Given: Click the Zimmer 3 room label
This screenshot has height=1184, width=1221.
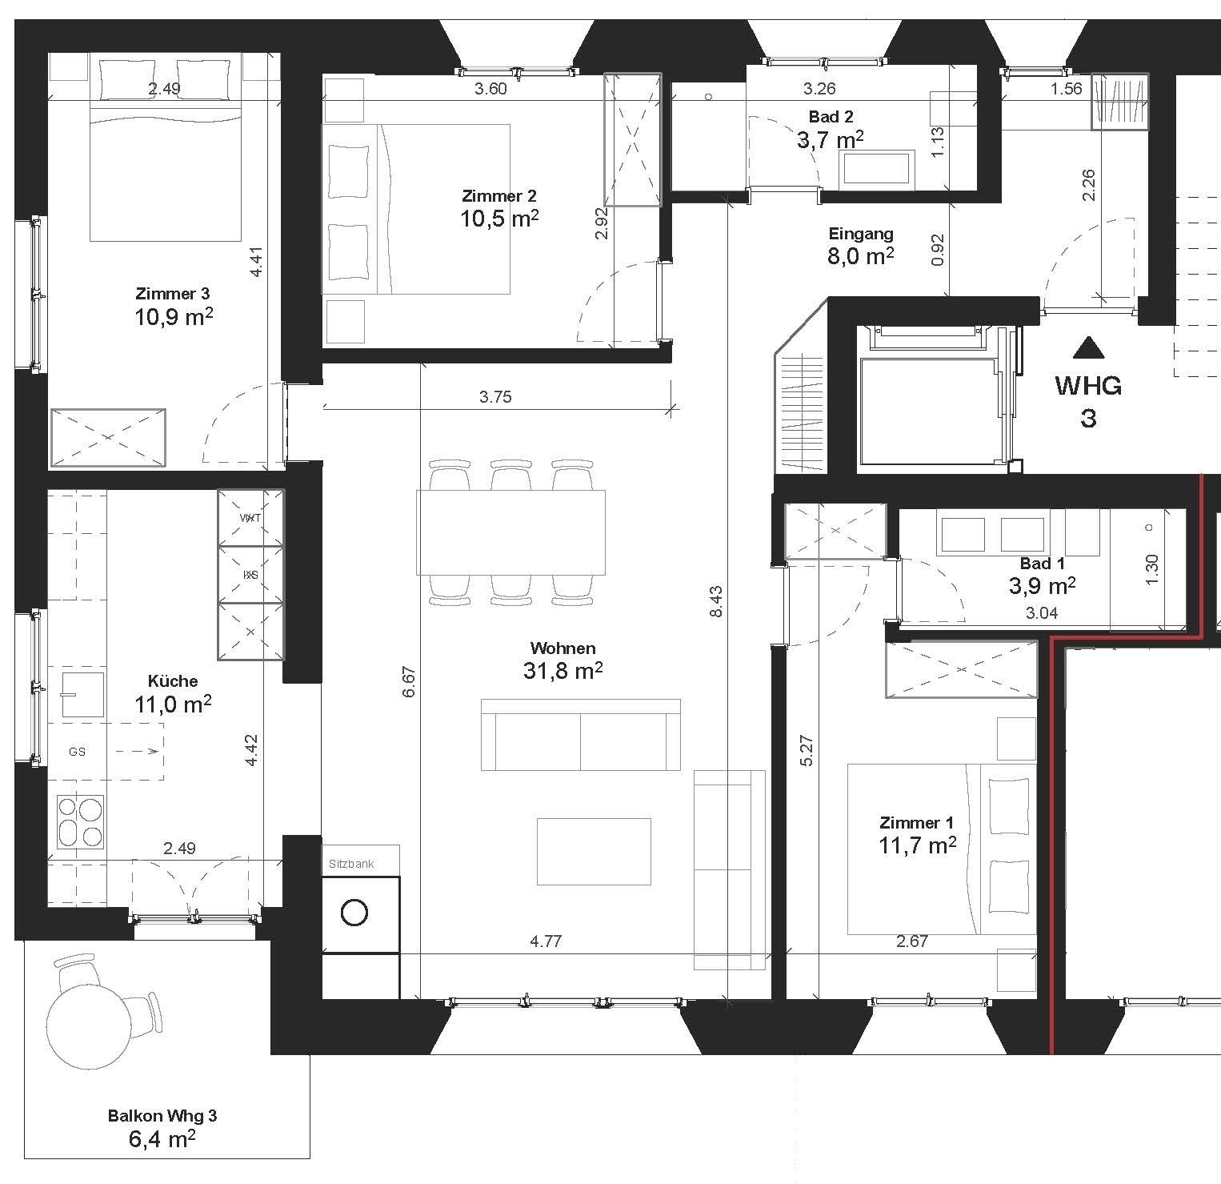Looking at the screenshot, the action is click(174, 294).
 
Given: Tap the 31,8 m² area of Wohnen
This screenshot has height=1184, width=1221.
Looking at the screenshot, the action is click(562, 670).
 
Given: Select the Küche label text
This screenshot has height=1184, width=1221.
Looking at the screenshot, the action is click(173, 681).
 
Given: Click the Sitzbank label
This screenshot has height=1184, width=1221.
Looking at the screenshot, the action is click(351, 864).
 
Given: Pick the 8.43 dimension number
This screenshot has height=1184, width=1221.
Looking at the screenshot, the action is click(716, 601).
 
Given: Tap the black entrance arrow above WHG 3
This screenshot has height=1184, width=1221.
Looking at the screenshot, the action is click(1087, 347).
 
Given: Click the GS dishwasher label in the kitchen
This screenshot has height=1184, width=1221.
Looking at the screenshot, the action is click(77, 752).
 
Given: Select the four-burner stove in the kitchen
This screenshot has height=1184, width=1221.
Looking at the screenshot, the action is click(81, 823).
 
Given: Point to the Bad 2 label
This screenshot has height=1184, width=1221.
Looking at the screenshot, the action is click(831, 117).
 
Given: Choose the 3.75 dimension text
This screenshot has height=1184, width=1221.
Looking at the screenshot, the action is click(495, 396).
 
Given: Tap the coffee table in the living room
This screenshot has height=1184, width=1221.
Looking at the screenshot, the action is click(594, 851).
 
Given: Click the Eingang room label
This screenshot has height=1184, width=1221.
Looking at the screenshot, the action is click(861, 234).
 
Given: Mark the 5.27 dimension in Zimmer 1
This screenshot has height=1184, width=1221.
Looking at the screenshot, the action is click(807, 750).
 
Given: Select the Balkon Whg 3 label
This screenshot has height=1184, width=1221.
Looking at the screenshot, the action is click(162, 1115).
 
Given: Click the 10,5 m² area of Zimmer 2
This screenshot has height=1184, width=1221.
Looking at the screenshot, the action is click(499, 218).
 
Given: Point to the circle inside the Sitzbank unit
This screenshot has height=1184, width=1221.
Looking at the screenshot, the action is click(354, 913).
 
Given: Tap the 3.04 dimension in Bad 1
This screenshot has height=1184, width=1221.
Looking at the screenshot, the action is click(1041, 613).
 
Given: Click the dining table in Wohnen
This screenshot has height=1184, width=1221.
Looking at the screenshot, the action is click(510, 532).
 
